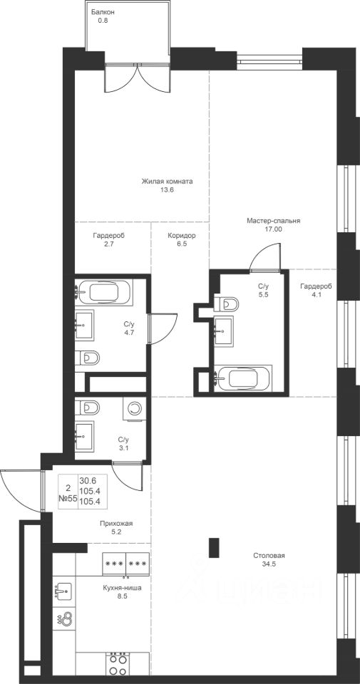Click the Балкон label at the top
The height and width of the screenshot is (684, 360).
point(103,13)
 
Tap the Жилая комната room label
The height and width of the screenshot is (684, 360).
point(167,181)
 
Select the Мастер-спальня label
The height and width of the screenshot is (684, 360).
point(274,221)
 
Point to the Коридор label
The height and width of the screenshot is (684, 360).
point(182,236)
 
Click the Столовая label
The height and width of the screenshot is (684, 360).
point(269,556)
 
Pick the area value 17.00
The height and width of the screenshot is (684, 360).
point(274,229)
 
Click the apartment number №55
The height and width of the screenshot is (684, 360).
point(69,498)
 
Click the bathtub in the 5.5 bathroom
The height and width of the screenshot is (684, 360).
point(245,378)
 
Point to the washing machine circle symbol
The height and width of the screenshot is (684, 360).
point(135,408)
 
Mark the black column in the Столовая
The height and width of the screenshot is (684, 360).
point(214,548)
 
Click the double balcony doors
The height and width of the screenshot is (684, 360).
point(137,78)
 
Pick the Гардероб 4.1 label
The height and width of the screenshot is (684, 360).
point(316,290)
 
